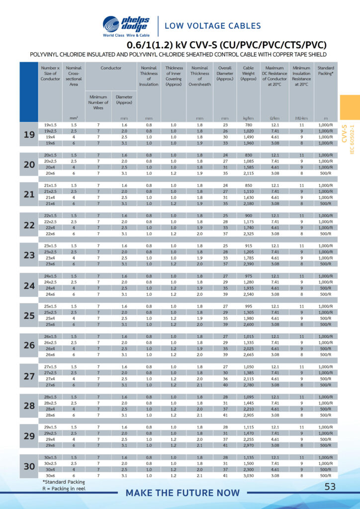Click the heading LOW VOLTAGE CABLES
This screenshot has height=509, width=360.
point(212,26)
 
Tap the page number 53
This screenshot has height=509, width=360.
point(330,487)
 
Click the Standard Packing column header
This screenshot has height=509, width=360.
point(325,71)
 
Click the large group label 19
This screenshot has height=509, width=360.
point(28,134)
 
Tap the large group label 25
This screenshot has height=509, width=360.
point(28,316)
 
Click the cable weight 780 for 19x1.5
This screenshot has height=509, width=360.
point(248,125)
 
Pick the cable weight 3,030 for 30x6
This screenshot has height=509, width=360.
point(248,476)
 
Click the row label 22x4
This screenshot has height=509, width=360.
point(50,228)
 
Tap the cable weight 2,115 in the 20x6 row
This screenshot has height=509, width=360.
point(248,173)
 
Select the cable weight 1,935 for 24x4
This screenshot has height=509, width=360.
point(248,288)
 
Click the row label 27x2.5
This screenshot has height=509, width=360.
point(50,373)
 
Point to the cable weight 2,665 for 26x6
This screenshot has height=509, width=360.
point(248,354)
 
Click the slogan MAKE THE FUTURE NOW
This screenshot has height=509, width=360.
point(182,493)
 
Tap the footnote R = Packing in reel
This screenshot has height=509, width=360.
point(65,489)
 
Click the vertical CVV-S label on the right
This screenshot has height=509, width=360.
point(344,133)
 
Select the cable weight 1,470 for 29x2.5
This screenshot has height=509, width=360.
point(248,433)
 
